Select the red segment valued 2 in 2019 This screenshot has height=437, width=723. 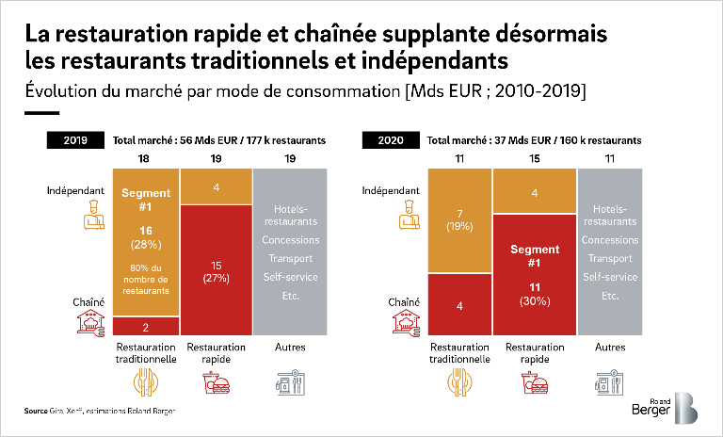[146, 327]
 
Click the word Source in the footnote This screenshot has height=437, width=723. [35, 412]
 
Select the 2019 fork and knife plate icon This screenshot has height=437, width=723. [146, 383]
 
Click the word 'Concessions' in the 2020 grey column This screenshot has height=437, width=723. [609, 239]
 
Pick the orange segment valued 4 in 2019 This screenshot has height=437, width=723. [216, 186]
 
